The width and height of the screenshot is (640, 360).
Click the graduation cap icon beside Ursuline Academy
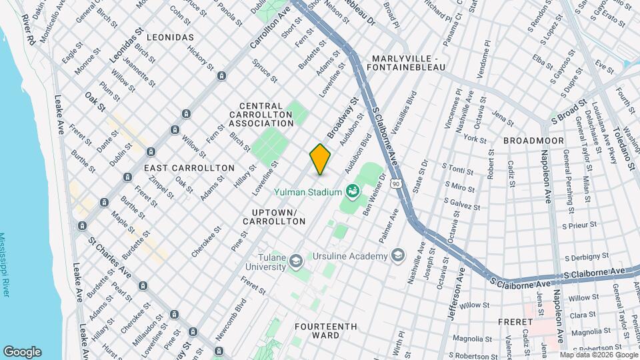[x=398, y=257]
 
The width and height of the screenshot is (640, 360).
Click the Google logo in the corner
[x=22, y=352]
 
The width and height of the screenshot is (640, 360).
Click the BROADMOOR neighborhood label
[x=533, y=141]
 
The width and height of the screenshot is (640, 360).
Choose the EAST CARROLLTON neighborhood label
[x=189, y=168]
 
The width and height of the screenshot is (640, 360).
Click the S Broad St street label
[x=568, y=113]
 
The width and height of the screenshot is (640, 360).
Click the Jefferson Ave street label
[x=459, y=293]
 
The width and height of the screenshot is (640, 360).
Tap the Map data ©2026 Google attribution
[x=598, y=355]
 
